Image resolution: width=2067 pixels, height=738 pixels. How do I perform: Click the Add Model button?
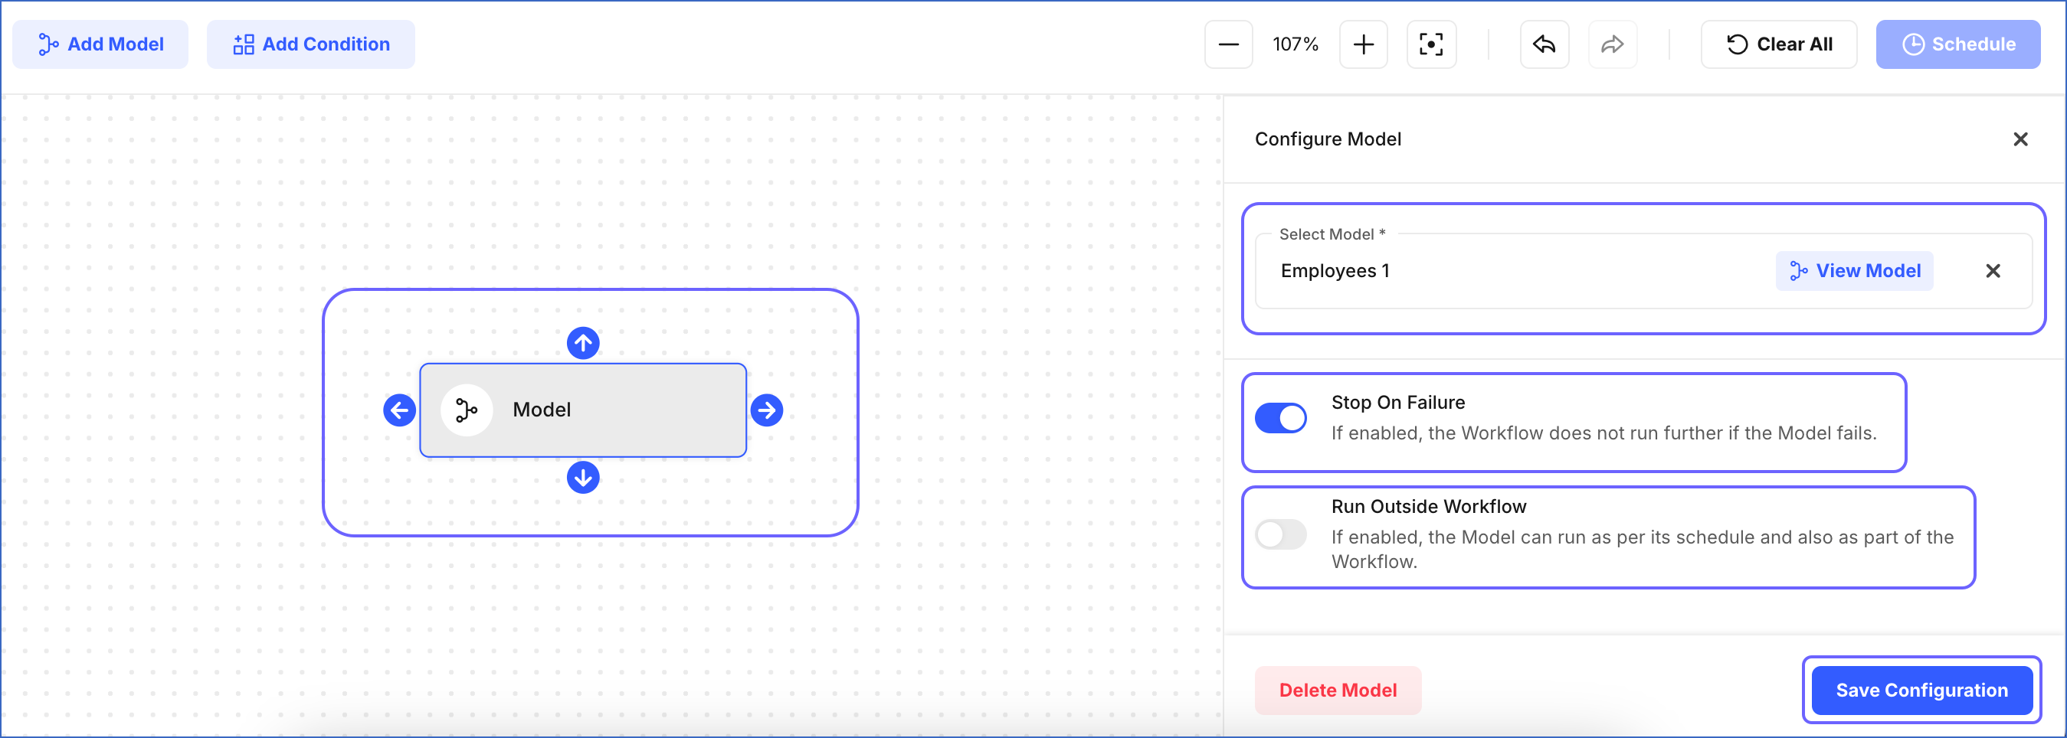click(x=100, y=44)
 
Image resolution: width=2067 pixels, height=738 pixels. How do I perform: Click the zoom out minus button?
click(x=1229, y=44)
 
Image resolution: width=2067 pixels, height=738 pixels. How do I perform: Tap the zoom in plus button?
click(x=1363, y=44)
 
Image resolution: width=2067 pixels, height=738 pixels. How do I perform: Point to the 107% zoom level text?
click(x=1295, y=44)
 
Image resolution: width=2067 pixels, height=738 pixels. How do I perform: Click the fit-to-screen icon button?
click(x=1430, y=44)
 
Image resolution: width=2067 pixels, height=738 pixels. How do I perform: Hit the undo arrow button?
click(x=1544, y=44)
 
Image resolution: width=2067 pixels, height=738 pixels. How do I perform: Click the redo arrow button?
click(x=1612, y=44)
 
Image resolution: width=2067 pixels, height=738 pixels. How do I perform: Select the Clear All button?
click(x=1778, y=44)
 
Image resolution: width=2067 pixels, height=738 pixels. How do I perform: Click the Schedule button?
click(x=1957, y=44)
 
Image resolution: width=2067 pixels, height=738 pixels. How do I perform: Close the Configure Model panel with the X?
click(x=2020, y=139)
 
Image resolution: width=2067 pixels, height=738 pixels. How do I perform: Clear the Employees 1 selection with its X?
click(x=1993, y=271)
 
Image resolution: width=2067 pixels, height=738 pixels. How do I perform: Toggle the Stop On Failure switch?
click(x=1281, y=418)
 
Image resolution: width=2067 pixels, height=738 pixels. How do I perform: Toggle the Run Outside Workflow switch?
click(x=1281, y=534)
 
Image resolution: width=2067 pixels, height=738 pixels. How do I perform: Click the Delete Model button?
click(x=1338, y=690)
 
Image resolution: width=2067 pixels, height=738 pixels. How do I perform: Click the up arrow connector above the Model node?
click(x=583, y=343)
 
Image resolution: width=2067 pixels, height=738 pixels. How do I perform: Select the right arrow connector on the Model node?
click(x=767, y=410)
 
